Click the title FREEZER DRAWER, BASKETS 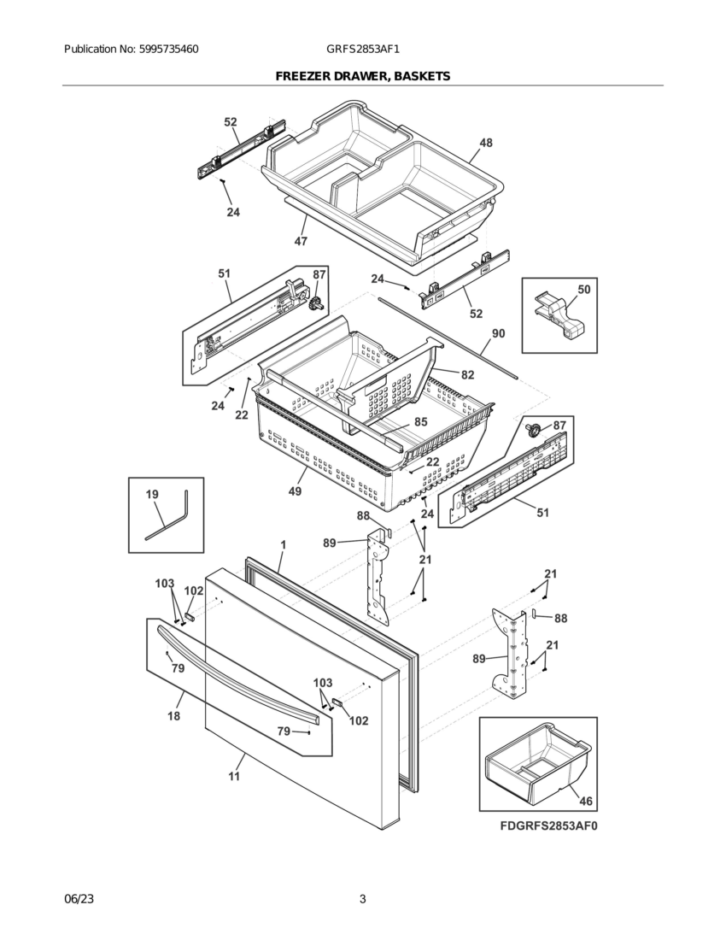click(362, 77)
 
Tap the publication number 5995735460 click(168, 50)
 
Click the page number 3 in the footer click(362, 899)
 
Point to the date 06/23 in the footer click(79, 899)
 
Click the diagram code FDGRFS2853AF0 click(549, 827)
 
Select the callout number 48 click(485, 144)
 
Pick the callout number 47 click(301, 241)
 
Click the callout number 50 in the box click(583, 290)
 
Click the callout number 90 click(498, 333)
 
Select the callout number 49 click(295, 491)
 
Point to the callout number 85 click(420, 421)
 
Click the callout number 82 click(467, 374)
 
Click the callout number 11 click(233, 777)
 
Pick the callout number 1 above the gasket click(283, 544)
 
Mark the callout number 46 click(585, 801)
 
